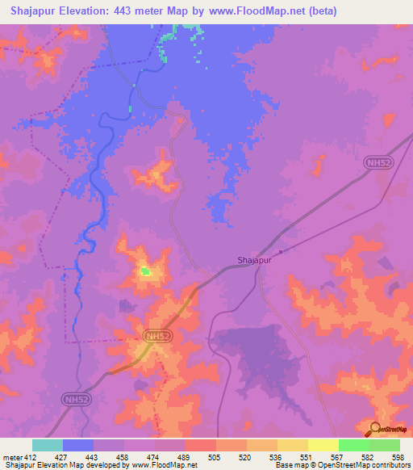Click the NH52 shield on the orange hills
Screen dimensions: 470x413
158,335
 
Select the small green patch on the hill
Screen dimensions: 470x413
145,271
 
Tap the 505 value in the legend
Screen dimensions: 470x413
214,457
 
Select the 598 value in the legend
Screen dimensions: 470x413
398,457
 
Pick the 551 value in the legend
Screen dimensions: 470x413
306,457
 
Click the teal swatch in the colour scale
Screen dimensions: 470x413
48,445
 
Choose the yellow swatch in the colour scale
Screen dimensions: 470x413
323,445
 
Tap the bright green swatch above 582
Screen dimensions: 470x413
353,445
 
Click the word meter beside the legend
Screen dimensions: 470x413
13,457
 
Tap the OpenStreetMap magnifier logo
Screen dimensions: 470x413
377,428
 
